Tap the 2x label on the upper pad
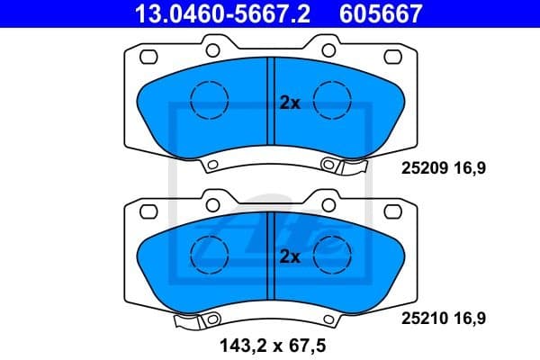click(x=289, y=103)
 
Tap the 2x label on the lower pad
click(x=289, y=256)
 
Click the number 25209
click(x=420, y=166)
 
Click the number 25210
click(x=420, y=318)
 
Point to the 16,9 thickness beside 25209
click(x=472, y=166)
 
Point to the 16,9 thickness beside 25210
click(x=472, y=318)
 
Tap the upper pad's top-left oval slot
click(x=148, y=58)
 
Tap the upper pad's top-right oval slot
click(x=393, y=58)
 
